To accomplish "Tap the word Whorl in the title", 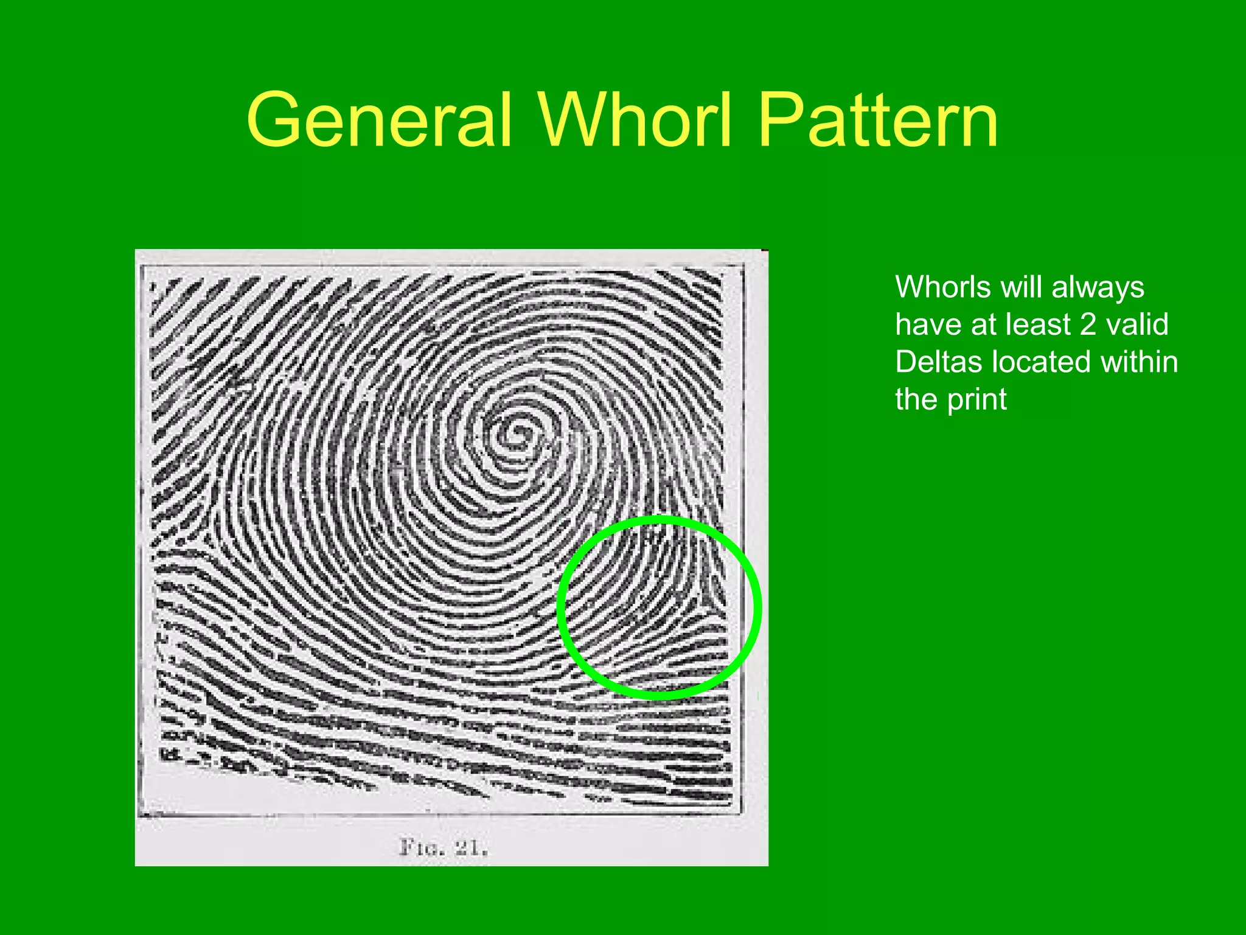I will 634,120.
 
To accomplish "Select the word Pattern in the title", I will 878,120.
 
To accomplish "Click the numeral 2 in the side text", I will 1088,324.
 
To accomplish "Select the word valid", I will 1137,324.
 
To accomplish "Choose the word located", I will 1042,362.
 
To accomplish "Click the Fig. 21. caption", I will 443,847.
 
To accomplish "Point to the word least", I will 1038,324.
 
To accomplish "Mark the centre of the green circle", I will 660,607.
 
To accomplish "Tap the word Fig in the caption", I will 420,847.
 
